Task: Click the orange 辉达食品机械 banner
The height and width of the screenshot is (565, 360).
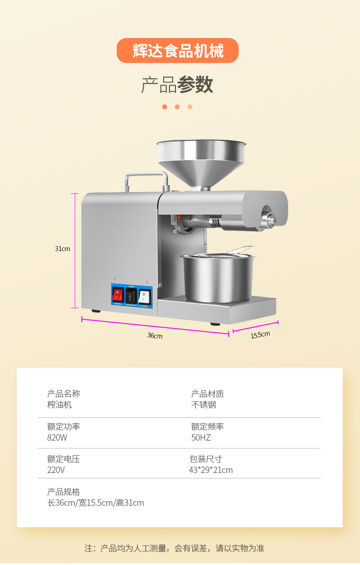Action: click(x=178, y=51)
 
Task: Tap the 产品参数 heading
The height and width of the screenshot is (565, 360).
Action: click(x=177, y=85)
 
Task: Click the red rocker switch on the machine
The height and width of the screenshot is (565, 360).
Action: click(x=118, y=294)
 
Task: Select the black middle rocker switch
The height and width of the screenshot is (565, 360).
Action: click(x=131, y=296)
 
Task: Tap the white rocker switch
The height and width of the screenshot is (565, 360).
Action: click(x=144, y=296)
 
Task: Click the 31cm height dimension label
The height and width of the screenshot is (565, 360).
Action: click(x=62, y=249)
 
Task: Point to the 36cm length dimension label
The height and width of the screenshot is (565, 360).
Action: click(x=154, y=336)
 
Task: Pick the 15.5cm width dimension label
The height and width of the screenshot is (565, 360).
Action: click(x=260, y=335)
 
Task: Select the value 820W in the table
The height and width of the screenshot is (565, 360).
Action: click(x=57, y=438)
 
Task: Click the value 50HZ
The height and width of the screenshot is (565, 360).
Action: click(x=201, y=438)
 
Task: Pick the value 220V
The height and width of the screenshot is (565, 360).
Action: click(x=56, y=470)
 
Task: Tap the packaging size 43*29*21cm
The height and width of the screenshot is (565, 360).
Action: click(x=211, y=470)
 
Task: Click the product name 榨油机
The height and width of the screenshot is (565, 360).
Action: click(x=59, y=405)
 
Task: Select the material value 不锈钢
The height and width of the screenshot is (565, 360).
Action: click(x=203, y=405)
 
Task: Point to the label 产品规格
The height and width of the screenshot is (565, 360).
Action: click(x=63, y=492)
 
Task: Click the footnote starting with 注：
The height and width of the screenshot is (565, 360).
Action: click(x=174, y=548)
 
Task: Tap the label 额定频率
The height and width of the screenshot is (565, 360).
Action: click(x=207, y=427)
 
